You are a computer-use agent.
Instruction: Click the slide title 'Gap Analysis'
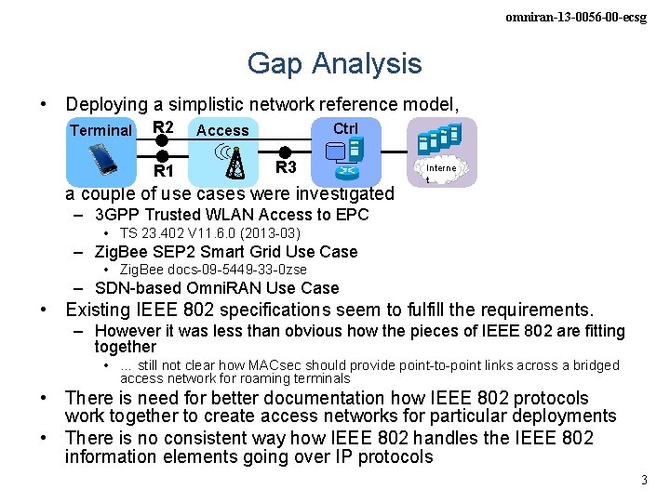pyautogui.click(x=334, y=63)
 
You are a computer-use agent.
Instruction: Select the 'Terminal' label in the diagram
pyautogui.click(x=100, y=131)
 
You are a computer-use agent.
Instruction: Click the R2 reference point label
pyautogui.click(x=163, y=127)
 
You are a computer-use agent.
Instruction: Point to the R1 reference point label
pyautogui.click(x=164, y=171)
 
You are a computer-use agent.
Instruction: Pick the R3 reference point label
pyautogui.click(x=286, y=167)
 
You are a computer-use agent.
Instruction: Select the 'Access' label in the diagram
pyautogui.click(x=222, y=131)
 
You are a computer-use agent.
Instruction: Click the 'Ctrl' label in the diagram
pyautogui.click(x=345, y=128)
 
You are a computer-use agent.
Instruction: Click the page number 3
pyautogui.click(x=643, y=480)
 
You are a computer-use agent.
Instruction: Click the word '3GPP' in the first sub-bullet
pyautogui.click(x=115, y=215)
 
